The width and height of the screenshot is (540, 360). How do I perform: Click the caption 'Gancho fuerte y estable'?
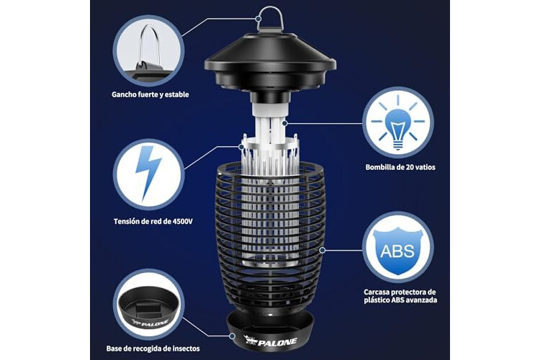150,94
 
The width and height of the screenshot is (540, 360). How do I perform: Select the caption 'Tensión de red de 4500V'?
153,221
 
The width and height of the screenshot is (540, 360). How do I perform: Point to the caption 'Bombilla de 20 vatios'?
400,168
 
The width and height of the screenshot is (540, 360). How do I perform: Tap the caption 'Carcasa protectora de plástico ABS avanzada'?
400,296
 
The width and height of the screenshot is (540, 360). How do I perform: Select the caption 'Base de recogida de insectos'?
153,348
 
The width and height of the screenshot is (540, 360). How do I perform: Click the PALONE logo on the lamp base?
270,341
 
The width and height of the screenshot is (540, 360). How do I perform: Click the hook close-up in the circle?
148,52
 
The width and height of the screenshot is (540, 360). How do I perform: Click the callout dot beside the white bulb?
284,123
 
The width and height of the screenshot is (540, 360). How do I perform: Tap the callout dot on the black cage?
323,250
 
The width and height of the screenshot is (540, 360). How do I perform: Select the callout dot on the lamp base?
233,336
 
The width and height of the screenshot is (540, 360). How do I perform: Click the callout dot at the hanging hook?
258,19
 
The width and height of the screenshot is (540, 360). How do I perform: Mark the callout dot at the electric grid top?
242,146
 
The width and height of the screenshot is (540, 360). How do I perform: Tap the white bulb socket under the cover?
270,109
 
